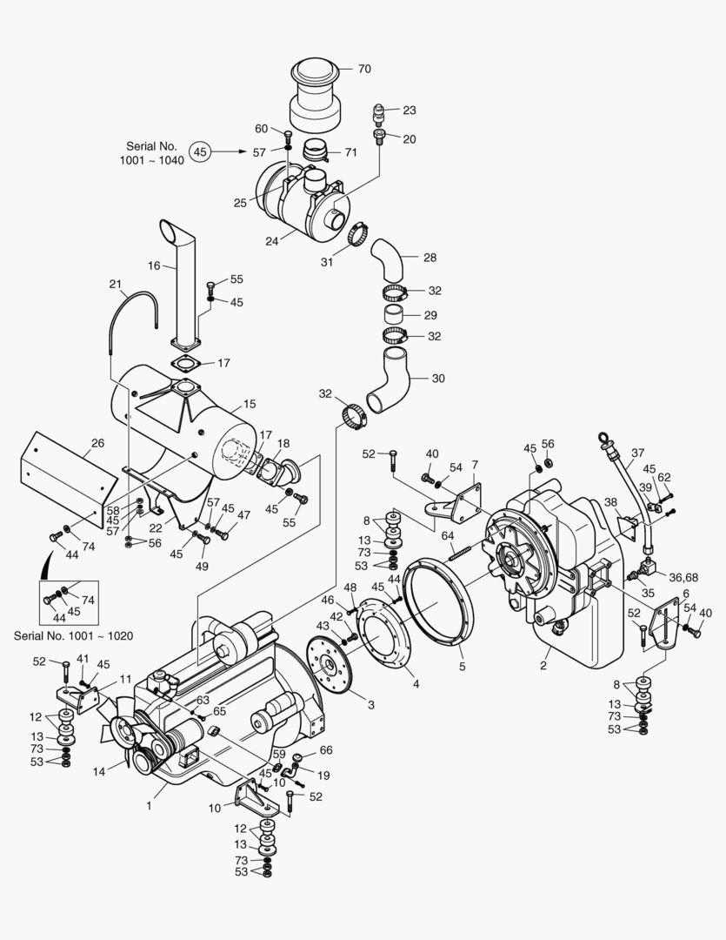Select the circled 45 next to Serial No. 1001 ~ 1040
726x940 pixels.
pos(201,151)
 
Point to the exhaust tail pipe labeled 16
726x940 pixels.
pos(185,287)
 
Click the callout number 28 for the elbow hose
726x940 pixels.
pos(430,258)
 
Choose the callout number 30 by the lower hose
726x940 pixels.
pos(437,378)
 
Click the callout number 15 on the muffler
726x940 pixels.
pos(250,404)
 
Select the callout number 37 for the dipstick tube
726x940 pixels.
pos(638,453)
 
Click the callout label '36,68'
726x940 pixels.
pos(683,577)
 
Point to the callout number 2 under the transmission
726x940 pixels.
pos(543,666)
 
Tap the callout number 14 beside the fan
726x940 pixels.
pos(98,771)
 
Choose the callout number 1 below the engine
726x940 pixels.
pos(150,806)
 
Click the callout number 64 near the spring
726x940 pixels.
pos(447,534)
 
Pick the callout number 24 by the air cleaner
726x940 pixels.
pos(272,240)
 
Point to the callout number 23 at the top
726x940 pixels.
pos(409,111)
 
